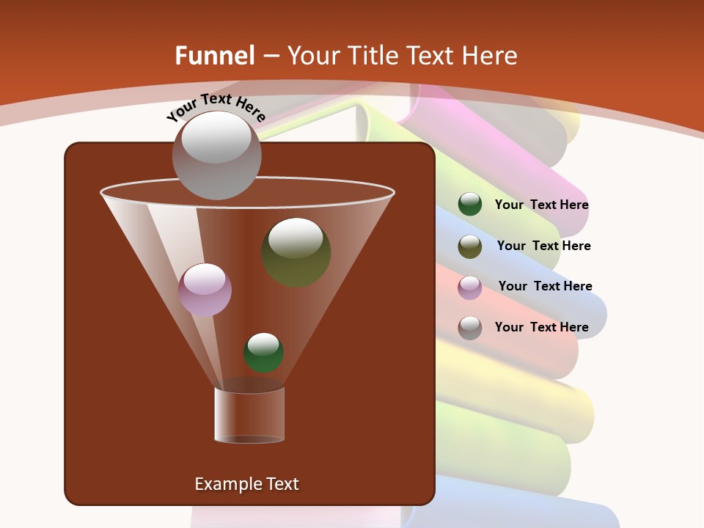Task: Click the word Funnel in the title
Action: tap(214, 56)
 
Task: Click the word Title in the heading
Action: tap(373, 56)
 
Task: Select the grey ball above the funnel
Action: tap(216, 155)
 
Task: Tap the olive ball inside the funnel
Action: tap(296, 252)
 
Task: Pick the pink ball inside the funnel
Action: tap(205, 290)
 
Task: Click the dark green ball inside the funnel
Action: tap(263, 352)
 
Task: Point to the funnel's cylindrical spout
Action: tap(249, 415)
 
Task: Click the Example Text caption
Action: tap(246, 484)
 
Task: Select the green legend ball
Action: tap(470, 204)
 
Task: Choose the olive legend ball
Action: tap(470, 246)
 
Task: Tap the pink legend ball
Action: tap(470, 287)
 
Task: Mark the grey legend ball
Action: tap(470, 328)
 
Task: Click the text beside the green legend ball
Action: tap(541, 205)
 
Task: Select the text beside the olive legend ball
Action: tap(543, 246)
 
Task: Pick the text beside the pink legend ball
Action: tap(545, 286)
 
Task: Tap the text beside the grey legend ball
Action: tap(541, 327)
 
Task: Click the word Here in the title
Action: tap(490, 56)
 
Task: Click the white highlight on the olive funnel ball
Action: tap(296, 238)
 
